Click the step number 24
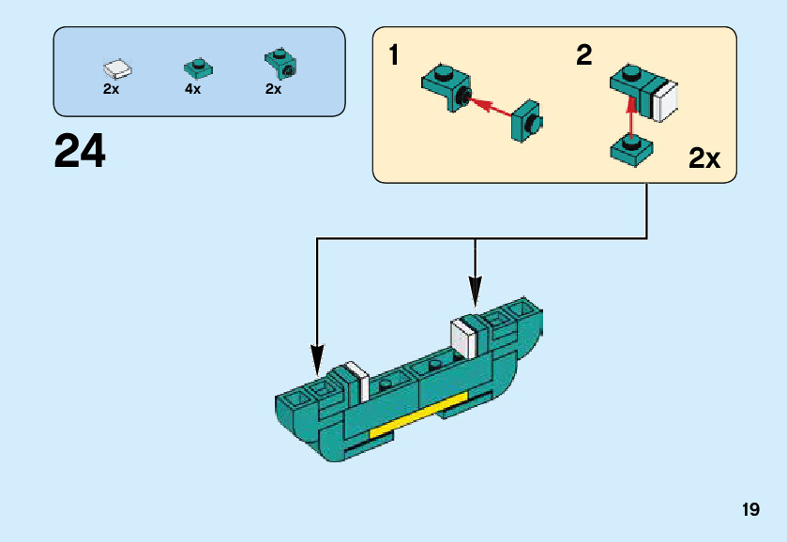[80, 151]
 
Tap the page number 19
[749, 510]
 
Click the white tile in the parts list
[117, 68]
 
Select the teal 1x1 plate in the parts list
[197, 67]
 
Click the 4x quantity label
[192, 89]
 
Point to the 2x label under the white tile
[111, 89]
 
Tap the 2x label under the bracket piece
[273, 89]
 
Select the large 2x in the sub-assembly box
[704, 158]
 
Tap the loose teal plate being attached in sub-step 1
[528, 120]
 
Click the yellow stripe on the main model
[418, 415]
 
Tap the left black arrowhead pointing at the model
[317, 357]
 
